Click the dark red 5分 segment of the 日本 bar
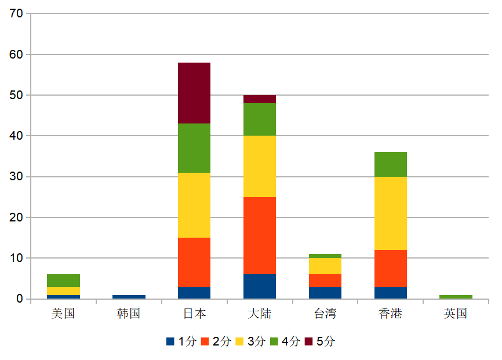[x=194, y=93]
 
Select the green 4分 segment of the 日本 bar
[x=194, y=148]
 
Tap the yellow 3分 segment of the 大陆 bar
[x=259, y=166]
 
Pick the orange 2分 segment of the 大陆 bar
[x=259, y=235]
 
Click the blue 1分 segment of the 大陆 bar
[x=259, y=286]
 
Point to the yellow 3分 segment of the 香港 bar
[x=390, y=213]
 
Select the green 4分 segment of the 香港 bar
[x=390, y=164]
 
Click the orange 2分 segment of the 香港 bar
[x=390, y=268]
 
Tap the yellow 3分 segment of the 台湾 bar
[x=325, y=266]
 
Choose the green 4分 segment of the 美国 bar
[x=63, y=280]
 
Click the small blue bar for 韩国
[x=129, y=297]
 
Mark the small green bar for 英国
[x=456, y=297]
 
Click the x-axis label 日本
[x=194, y=314]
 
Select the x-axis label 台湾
[x=325, y=314]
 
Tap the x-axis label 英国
[x=456, y=314]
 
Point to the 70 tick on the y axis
[x=16, y=13]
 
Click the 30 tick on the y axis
[x=16, y=176]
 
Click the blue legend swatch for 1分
[x=170, y=341]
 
